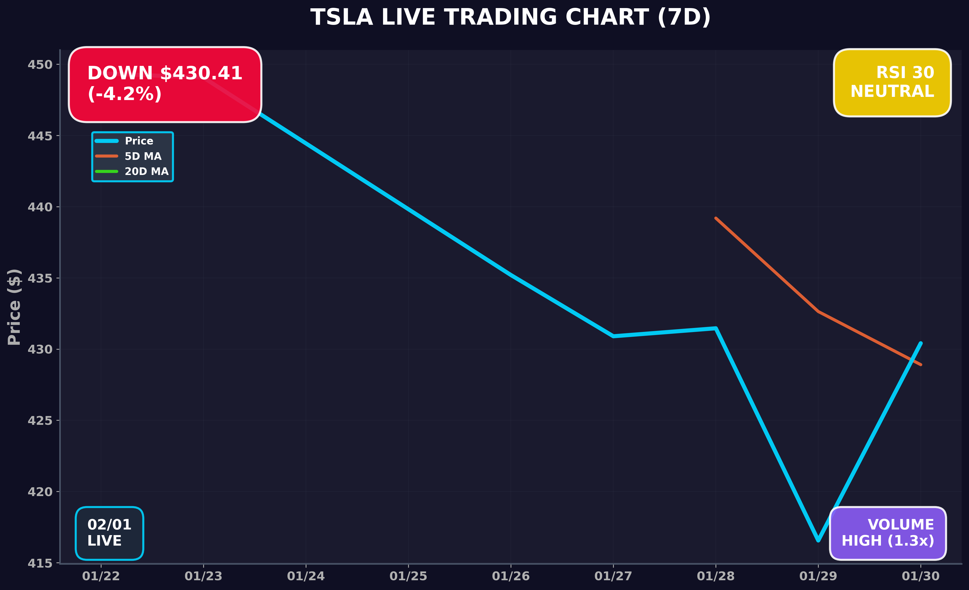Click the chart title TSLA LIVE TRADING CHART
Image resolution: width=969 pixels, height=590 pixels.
[510, 18]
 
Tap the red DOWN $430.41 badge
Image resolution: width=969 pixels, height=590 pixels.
[165, 84]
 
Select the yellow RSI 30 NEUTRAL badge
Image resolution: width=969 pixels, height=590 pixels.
[892, 83]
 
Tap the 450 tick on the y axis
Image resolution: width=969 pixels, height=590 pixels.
[40, 64]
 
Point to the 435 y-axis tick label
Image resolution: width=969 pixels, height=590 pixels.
[40, 278]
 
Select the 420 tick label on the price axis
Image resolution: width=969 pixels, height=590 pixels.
[40, 492]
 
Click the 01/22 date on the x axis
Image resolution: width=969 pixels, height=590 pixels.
[101, 576]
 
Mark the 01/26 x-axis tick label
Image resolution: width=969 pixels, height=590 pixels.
[510, 576]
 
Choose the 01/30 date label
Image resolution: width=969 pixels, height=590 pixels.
[920, 576]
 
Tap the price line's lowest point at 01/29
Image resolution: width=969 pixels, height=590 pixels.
[818, 540]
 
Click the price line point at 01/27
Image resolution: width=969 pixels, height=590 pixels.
[613, 336]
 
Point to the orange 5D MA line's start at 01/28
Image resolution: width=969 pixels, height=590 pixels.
[716, 218]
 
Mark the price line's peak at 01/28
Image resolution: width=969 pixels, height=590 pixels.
[716, 328]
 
